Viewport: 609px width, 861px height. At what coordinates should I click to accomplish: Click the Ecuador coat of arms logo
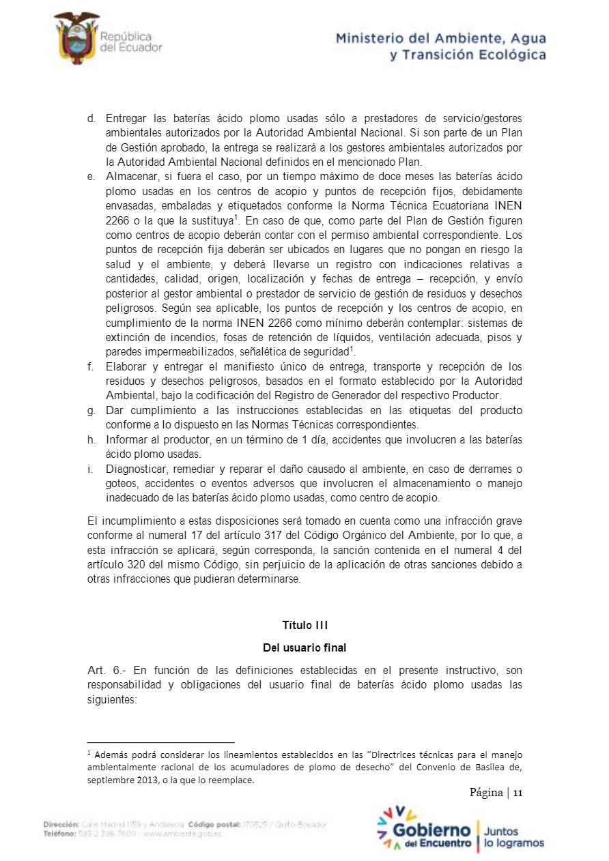point(76,38)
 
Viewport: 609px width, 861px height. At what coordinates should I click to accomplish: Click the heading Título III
point(305,625)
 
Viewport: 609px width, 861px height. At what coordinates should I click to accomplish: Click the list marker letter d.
point(91,119)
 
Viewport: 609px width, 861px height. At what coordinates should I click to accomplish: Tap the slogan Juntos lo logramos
point(513,837)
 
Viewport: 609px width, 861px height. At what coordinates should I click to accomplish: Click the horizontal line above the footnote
point(161,742)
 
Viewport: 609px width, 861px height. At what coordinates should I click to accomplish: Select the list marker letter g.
point(91,410)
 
